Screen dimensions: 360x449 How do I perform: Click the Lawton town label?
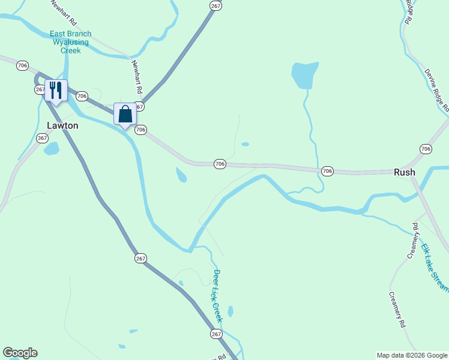pos(62,125)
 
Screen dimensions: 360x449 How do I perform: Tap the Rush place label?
pos(404,172)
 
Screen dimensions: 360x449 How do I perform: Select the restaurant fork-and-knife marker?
pos(56,91)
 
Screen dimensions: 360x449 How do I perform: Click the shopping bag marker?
pos(125,114)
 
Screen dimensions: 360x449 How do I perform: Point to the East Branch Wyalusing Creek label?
pos(70,43)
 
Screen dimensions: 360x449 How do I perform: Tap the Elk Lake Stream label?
pos(433,266)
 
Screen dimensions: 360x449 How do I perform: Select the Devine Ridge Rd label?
pos(436,90)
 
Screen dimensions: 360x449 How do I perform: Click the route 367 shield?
pos(42,138)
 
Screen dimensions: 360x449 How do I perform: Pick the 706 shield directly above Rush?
pos(426,149)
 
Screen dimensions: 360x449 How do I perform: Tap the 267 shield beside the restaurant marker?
pos(40,89)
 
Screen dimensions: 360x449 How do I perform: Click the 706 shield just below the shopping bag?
pos(141,130)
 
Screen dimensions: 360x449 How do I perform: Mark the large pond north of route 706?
pos(304,74)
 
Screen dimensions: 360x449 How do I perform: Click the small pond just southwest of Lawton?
pos(52,148)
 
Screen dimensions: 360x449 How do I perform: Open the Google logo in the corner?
pos(20,353)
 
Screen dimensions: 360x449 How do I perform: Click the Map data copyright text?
pos(411,355)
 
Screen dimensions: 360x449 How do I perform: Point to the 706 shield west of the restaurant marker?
pos(23,65)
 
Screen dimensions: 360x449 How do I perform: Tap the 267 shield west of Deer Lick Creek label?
pos(140,258)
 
